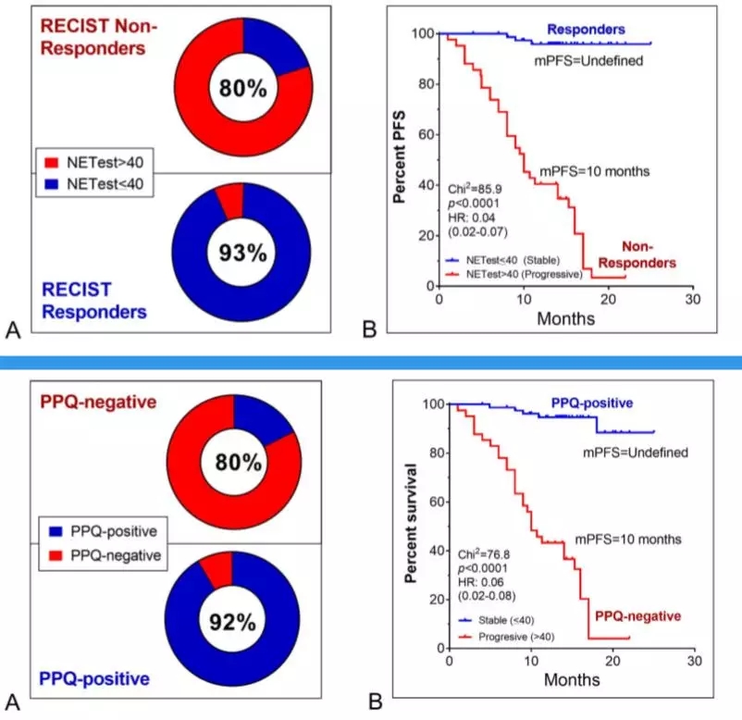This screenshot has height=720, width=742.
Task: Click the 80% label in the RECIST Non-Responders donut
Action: click(242, 89)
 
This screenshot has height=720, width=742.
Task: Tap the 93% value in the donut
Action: click(242, 252)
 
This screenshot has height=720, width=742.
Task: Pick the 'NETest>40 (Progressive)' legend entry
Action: click(524, 276)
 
